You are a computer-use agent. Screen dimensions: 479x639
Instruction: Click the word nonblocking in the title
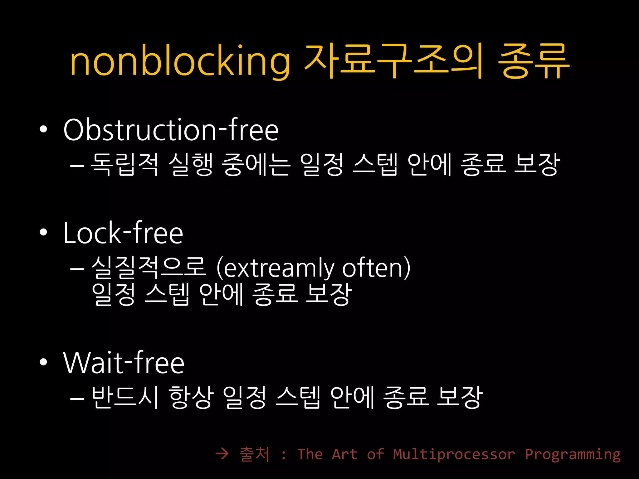coord(180,61)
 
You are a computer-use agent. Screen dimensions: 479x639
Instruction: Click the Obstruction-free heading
coord(171,130)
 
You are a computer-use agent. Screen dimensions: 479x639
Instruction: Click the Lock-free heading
coord(123,233)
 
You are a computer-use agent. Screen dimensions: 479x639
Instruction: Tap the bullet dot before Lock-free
coord(43,232)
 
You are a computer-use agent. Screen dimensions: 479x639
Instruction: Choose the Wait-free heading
coord(124,363)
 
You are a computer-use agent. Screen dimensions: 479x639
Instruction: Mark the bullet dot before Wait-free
coord(43,362)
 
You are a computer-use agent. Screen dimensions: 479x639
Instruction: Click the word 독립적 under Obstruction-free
coord(124,164)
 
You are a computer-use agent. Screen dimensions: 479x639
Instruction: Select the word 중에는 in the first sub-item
coord(256,164)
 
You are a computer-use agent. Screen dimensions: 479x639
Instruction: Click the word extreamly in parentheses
coord(279,268)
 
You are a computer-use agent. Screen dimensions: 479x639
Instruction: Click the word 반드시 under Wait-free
coord(125,397)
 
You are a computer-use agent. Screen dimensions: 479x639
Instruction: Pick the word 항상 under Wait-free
coord(191,397)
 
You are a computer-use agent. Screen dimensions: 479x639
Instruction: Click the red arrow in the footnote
coord(222,454)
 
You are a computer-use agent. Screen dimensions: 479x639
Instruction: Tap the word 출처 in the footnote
coord(254,454)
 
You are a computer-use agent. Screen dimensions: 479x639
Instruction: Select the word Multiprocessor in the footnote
coord(454,454)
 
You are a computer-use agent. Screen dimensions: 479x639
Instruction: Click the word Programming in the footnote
coord(573,454)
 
